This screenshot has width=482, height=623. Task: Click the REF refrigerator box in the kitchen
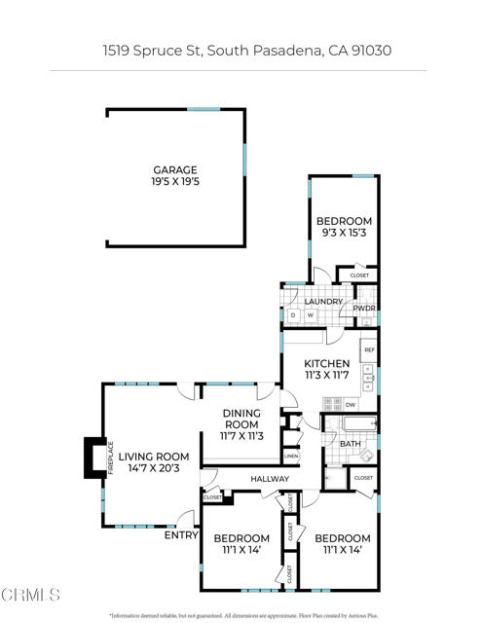pos(369,348)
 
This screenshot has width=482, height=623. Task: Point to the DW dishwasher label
pos(349,405)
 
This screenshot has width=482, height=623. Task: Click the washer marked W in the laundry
pos(311,315)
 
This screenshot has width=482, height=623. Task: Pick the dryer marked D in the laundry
pos(293,315)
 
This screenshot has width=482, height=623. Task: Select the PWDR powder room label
pos(364,309)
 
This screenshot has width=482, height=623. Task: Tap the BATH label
pos(351,444)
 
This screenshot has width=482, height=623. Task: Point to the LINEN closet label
pos(290,456)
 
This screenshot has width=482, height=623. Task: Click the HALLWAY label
pos(270,478)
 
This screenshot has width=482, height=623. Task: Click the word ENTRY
pos(181,533)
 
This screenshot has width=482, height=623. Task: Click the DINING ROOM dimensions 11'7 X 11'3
pos(241,437)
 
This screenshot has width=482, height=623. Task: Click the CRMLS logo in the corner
pos(32,595)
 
